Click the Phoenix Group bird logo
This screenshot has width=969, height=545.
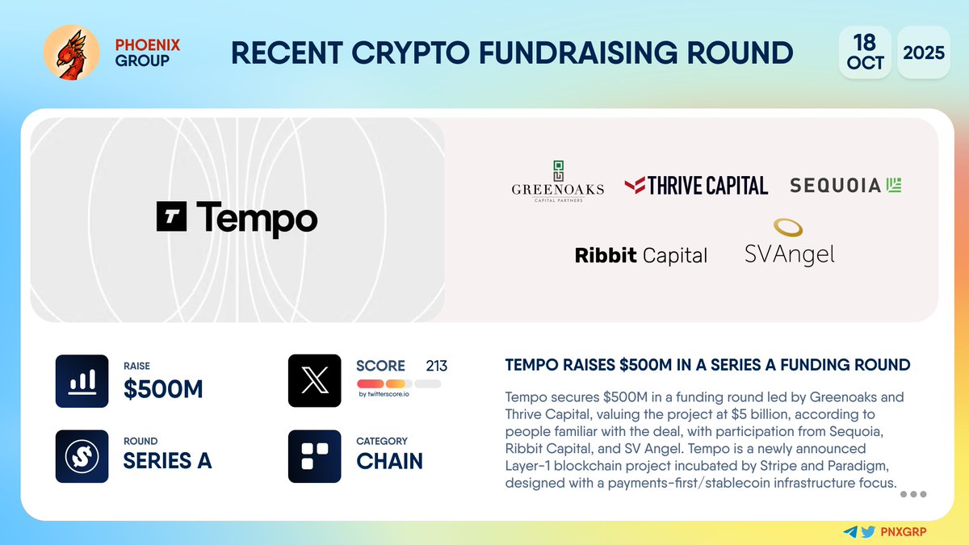71,52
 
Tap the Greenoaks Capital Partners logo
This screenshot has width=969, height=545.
557,182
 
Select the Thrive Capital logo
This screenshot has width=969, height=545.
696,186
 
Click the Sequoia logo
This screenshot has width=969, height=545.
845,185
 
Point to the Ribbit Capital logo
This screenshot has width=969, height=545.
640,256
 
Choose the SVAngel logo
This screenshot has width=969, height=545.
789,244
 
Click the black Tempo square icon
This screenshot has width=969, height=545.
171,217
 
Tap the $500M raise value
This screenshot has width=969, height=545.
163,389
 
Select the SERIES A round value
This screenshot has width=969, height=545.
167,460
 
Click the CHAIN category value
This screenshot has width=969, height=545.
389,460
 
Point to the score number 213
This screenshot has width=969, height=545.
436,366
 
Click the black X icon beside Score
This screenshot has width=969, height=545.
314,381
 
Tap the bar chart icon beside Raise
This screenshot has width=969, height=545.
82,381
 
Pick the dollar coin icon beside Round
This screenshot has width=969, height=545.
82,456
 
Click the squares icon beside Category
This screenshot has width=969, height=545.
314,456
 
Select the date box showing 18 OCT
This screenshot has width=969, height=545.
865,52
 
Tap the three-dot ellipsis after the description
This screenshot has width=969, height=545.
912,494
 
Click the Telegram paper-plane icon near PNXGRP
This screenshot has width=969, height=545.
849,532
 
